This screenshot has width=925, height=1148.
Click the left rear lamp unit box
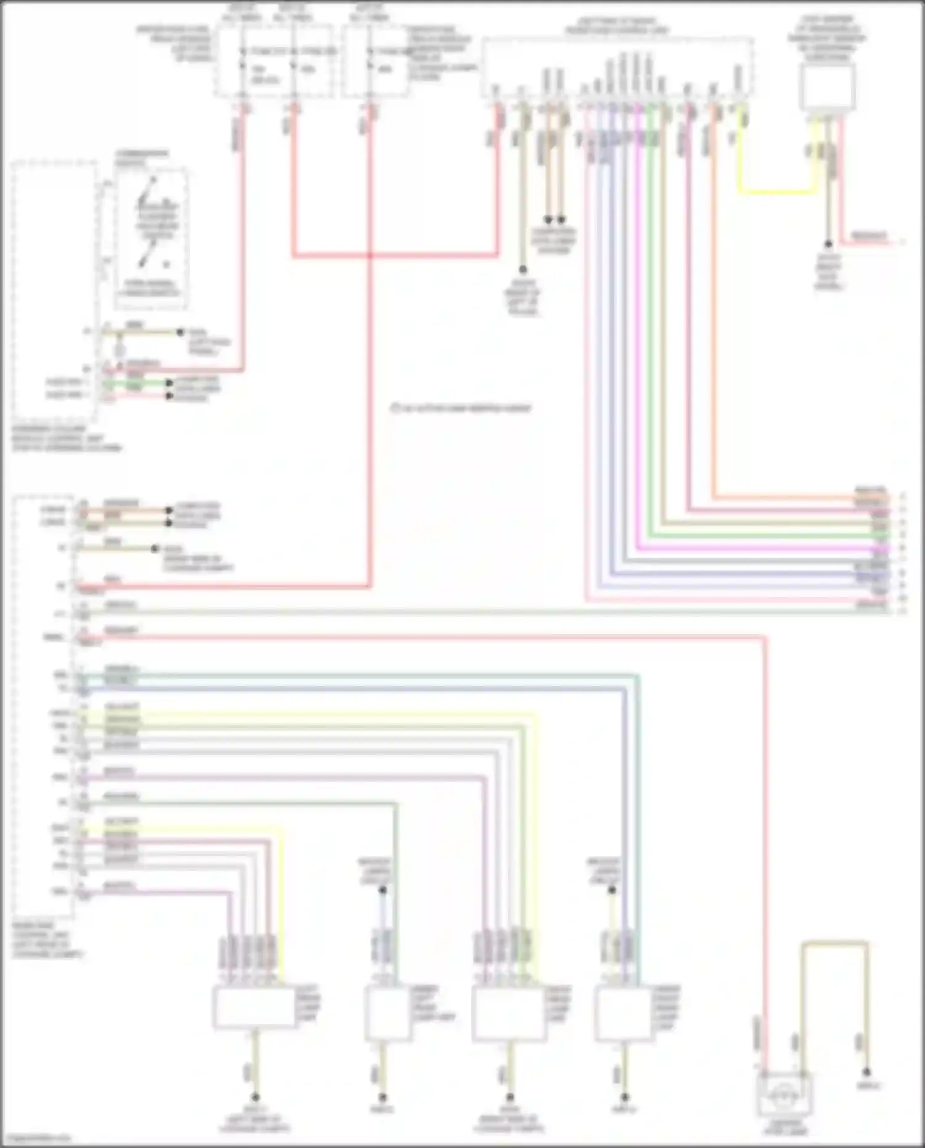255,1007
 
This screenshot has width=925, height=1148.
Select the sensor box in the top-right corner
827,86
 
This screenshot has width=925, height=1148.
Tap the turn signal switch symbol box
152,237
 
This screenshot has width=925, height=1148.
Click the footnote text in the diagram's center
461,408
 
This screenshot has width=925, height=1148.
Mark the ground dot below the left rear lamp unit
255,1097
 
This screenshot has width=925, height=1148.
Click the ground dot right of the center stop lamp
867,1072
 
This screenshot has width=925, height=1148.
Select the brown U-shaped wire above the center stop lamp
834,943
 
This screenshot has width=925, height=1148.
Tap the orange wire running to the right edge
802,497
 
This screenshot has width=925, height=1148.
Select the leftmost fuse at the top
242,62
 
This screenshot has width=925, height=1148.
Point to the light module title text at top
617,25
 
